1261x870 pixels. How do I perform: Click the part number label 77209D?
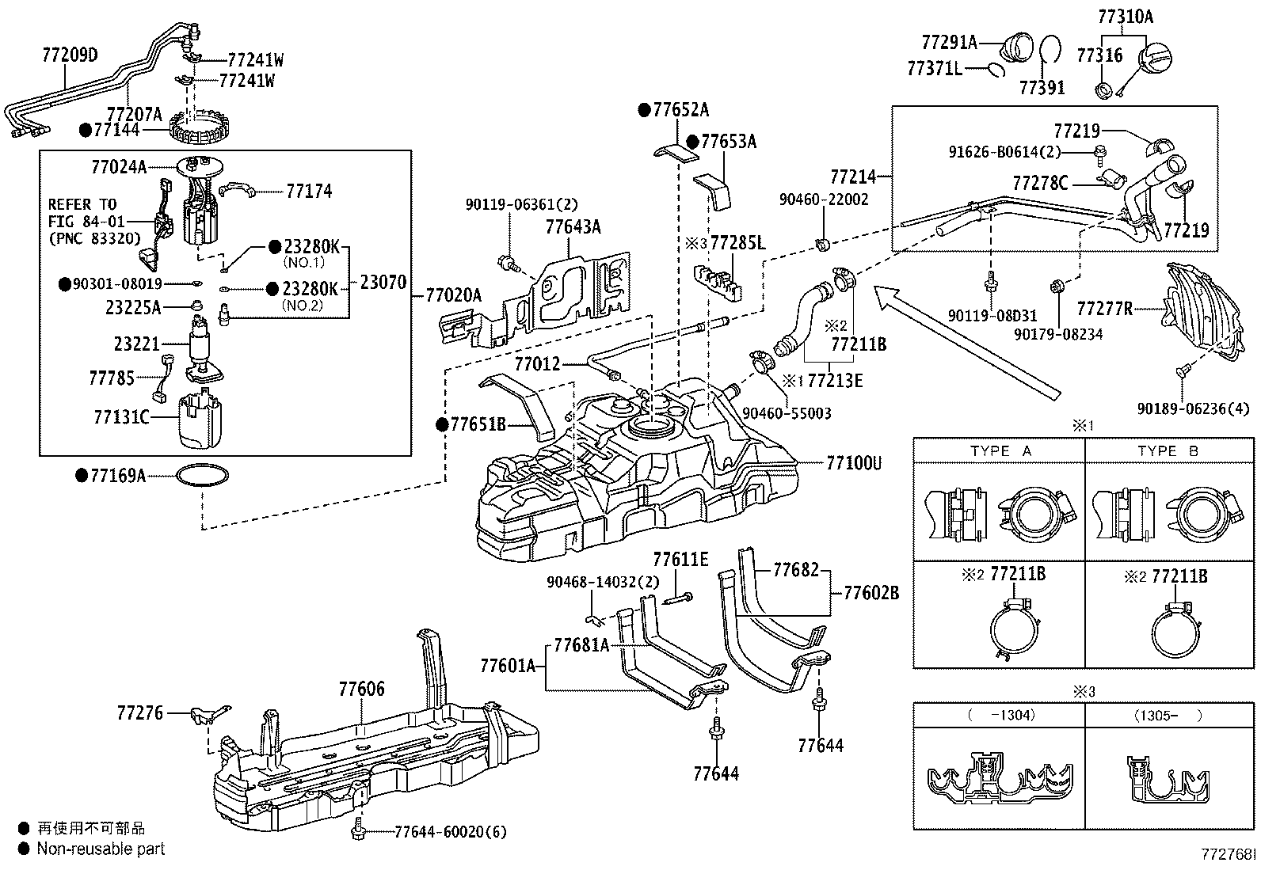[x=70, y=55]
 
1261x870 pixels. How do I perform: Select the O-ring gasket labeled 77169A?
[x=203, y=476]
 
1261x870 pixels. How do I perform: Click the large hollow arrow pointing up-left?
[x=967, y=344]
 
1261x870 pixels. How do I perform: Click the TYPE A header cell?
[x=1000, y=450]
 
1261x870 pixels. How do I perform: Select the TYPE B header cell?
[x=1169, y=450]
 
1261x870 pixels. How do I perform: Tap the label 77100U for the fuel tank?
[x=854, y=463]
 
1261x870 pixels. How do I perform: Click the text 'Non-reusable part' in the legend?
[x=101, y=849]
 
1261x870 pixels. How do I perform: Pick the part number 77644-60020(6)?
[x=451, y=832]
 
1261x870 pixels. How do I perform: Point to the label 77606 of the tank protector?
[x=362, y=688]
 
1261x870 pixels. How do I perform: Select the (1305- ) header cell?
[x=1169, y=716]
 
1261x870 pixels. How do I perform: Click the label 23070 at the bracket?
[x=383, y=282]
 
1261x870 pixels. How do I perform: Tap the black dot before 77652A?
[x=645, y=110]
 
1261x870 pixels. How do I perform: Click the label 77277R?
[x=1104, y=309]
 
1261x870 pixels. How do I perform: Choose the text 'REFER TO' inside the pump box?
[x=82, y=203]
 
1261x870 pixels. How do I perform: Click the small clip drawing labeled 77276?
[x=209, y=715]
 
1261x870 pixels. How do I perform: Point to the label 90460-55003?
[x=787, y=413]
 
